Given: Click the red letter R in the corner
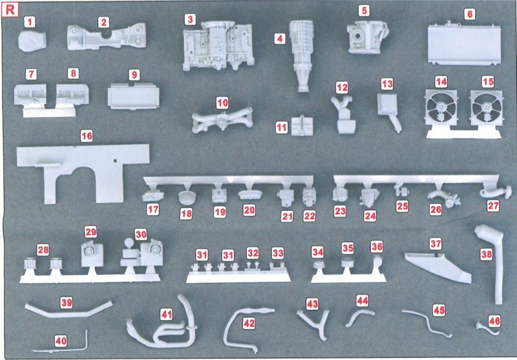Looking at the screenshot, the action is point(10,10).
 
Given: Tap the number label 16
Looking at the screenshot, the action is point(87,136).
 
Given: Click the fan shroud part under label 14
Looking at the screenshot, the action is point(441,109).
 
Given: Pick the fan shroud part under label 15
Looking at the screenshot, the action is point(487,109).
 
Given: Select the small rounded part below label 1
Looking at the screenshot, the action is point(32,42).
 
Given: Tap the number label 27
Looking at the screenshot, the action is point(493,206).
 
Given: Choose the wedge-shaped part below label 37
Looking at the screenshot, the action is point(439,267).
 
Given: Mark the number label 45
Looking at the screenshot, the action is point(439,310).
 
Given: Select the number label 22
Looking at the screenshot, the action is point(310,217).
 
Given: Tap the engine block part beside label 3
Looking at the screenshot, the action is point(218,45).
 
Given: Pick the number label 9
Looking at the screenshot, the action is point(134,75).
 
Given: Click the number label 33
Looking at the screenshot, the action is point(278,253).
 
